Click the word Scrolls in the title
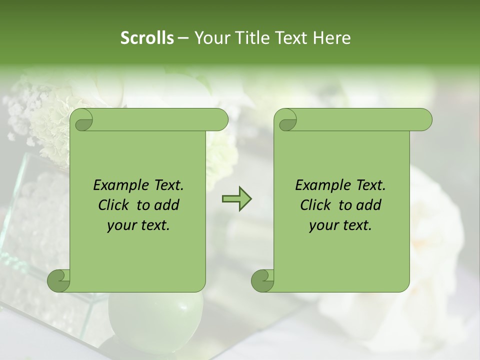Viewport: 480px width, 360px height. click(147, 38)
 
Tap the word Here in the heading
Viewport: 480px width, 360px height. click(332, 38)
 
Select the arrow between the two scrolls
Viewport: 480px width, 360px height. click(236, 199)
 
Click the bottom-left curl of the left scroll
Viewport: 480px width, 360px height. click(59, 280)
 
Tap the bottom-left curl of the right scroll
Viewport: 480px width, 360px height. click(262, 280)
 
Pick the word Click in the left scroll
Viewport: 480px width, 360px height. click(115, 205)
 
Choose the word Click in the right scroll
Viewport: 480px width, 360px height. click(317, 205)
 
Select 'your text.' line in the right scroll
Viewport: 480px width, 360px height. click(340, 225)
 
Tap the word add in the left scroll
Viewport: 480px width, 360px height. click(167, 205)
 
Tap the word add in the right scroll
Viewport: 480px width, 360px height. click(369, 205)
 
